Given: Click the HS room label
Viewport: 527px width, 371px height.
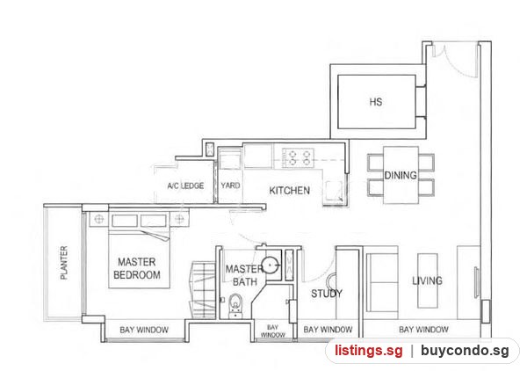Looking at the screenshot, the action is click(376, 102).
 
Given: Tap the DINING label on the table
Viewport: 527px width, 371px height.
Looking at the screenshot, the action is click(401, 175).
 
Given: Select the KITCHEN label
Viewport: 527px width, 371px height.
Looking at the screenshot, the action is click(289, 191).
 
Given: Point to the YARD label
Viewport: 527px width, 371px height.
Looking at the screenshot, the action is click(230, 185).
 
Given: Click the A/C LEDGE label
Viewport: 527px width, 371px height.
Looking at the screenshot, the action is click(185, 185).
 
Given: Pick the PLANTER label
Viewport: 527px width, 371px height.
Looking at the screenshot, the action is click(64, 263).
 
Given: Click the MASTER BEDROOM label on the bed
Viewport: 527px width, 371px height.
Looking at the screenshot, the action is click(137, 268).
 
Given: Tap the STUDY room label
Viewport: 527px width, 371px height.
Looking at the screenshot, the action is click(327, 294).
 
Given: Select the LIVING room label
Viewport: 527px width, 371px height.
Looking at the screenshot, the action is click(427, 280).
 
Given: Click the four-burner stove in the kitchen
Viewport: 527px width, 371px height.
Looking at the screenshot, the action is click(299, 157).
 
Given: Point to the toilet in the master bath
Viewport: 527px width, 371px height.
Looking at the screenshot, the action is click(235, 306).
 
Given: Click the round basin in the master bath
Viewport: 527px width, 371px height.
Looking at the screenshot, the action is click(270, 266).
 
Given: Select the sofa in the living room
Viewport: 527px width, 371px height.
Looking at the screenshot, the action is click(382, 282).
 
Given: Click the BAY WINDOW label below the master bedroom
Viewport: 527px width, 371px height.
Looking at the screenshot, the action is click(144, 330).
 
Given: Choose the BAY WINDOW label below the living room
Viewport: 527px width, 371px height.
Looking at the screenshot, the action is click(423, 330).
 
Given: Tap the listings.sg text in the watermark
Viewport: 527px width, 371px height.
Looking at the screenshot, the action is click(368, 351).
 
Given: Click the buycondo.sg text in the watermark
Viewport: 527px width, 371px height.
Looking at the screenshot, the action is click(465, 351).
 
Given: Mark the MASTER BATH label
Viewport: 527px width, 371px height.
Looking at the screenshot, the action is click(244, 275).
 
